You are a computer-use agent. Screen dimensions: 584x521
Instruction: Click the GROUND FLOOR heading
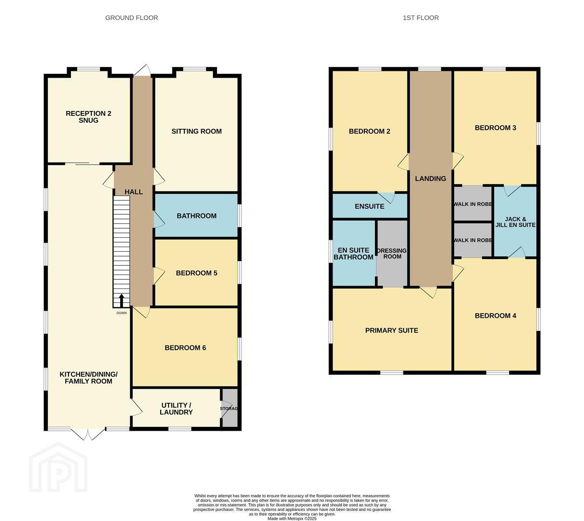tap(131, 18)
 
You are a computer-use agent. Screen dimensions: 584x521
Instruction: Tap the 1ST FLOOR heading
tap(420, 18)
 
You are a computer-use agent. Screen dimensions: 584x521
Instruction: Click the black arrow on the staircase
tap(121, 301)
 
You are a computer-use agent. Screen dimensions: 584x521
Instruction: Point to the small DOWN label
tap(121, 313)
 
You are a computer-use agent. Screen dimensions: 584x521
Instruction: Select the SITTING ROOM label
tap(196, 131)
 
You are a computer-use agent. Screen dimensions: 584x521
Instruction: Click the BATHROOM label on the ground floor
tap(196, 216)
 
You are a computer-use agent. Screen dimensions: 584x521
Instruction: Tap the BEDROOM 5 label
tap(196, 273)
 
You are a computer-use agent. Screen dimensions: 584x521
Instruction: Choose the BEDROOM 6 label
tap(185, 348)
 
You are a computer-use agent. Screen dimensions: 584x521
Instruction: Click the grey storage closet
tap(230, 408)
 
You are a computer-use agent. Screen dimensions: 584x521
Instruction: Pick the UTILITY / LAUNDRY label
tap(176, 409)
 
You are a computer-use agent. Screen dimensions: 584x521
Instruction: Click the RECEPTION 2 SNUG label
tap(88, 117)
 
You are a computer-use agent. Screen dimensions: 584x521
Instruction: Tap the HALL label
tap(134, 192)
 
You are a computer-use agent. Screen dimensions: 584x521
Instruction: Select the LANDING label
tap(431, 178)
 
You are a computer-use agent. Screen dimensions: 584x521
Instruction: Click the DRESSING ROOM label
tap(392, 254)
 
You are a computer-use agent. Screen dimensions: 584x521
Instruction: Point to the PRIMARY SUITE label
tap(391, 330)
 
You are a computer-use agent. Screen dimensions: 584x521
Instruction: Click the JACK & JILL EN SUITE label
tap(515, 222)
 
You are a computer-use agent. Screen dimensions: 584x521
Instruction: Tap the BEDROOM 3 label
tap(496, 128)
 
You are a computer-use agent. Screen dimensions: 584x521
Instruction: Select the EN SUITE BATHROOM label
tap(353, 254)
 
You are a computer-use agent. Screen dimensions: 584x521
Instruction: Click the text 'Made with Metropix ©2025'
tap(292, 519)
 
